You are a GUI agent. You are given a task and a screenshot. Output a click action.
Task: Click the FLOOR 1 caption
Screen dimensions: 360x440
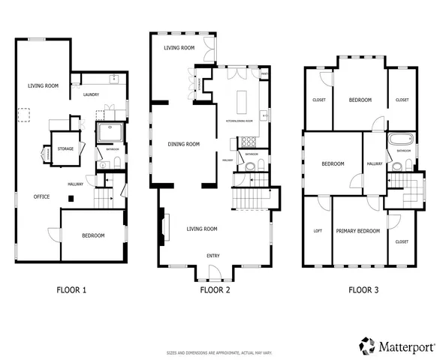[x=71, y=289]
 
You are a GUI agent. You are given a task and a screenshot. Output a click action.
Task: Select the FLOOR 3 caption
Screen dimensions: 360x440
[x=363, y=289]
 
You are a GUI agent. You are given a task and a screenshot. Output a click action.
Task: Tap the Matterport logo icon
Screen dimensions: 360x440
[x=367, y=345]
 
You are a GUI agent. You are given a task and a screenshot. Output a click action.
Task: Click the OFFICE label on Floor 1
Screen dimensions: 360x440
[x=41, y=196]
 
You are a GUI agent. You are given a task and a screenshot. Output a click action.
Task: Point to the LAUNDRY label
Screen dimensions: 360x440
[x=92, y=94]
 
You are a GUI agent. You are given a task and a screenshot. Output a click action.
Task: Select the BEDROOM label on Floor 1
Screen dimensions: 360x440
[x=92, y=235]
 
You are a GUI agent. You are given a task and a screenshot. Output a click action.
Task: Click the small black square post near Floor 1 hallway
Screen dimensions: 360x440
[x=70, y=198]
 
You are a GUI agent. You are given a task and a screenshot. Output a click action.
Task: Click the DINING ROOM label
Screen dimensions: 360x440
[x=182, y=144]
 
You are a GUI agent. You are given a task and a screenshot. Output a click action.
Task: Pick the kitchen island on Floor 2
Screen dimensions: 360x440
[x=243, y=100]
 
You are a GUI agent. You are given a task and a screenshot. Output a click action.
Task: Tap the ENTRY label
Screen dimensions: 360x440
[x=213, y=255]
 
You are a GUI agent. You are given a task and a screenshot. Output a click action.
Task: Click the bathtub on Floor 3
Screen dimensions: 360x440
[x=398, y=139]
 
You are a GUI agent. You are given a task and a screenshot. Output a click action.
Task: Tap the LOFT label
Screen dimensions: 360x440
[x=317, y=231]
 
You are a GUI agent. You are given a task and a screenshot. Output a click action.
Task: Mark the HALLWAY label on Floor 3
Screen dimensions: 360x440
[x=375, y=163]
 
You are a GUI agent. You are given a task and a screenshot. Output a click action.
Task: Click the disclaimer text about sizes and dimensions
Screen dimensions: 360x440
[x=219, y=352]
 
